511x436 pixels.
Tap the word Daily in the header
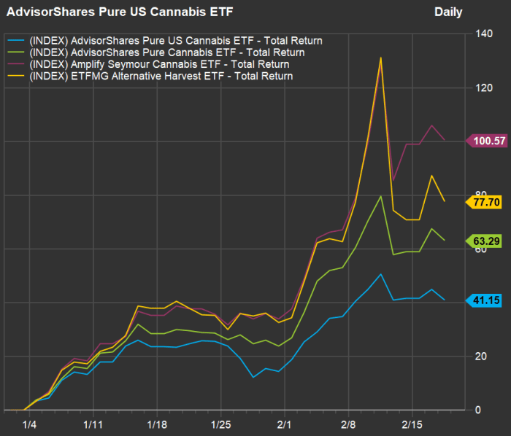[448, 12]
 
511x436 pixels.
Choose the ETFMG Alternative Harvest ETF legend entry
[160, 76]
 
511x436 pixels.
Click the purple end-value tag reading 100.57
[486, 141]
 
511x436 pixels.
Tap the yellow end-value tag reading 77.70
[486, 201]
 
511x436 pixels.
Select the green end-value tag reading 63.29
[486, 240]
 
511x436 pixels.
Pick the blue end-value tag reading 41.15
[486, 300]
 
